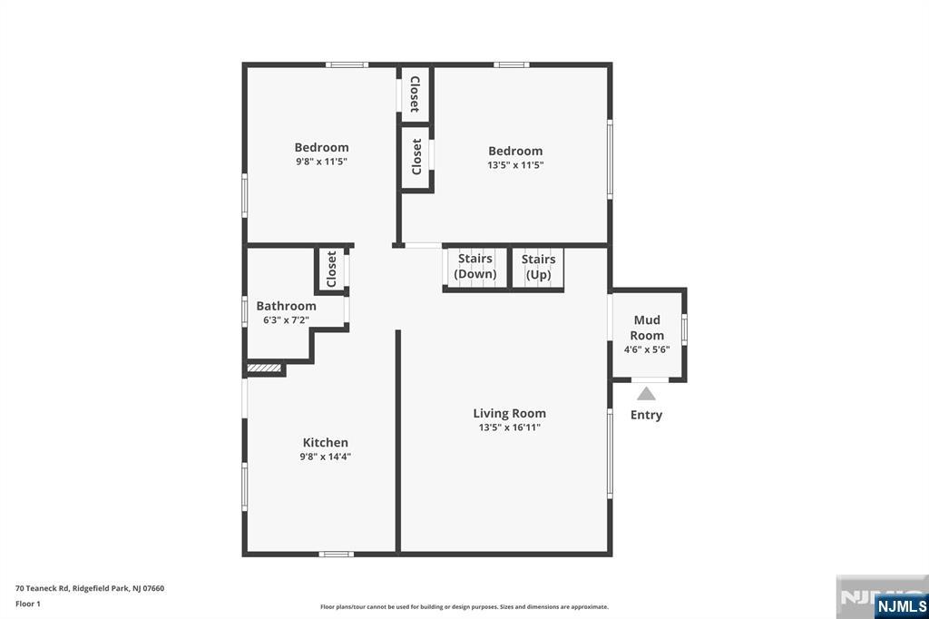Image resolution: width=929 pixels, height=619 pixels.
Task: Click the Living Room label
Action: [510, 413]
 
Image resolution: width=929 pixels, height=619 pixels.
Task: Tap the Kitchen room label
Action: [326, 442]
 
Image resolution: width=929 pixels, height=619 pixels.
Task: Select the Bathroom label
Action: [286, 306]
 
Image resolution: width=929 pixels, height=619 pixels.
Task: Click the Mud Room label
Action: [647, 328]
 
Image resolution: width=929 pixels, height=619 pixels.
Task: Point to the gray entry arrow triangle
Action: [646, 394]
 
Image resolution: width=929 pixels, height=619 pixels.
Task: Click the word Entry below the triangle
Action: [646, 415]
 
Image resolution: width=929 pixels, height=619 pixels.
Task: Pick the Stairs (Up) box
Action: [538, 268]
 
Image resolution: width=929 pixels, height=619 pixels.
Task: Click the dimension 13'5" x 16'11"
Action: [510, 427]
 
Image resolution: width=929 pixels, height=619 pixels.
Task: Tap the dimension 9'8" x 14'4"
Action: [326, 457]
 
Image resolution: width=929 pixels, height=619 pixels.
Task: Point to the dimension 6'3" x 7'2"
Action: [286, 320]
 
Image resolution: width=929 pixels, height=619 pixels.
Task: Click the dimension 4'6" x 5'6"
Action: [647, 349]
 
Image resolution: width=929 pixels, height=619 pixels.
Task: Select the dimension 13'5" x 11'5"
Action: [515, 165]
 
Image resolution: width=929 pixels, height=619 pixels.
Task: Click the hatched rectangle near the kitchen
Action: [264, 368]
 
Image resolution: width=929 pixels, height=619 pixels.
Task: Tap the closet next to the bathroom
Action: [332, 269]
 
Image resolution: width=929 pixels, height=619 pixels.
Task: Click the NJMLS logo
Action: [902, 605]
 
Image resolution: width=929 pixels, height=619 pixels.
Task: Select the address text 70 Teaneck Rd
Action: [42, 588]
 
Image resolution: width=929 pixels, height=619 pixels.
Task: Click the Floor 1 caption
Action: [28, 604]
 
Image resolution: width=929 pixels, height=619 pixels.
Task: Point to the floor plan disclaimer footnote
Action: [464, 606]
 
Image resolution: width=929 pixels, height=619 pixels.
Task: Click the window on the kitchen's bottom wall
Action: [336, 555]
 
